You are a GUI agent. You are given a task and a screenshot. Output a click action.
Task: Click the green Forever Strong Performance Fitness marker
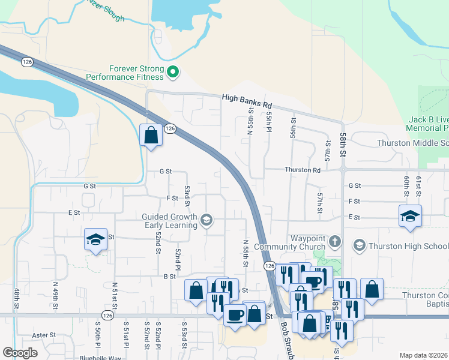coord(173,73)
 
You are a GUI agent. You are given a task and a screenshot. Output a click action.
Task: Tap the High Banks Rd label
coord(247,100)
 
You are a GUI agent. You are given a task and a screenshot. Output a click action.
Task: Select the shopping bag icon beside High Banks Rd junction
coord(151,135)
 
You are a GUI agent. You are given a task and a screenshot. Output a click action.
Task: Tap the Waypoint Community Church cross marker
coord(335,243)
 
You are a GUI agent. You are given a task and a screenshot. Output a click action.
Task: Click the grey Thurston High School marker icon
coord(359,245)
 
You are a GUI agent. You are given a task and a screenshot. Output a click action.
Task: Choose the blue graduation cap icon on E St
coord(410,216)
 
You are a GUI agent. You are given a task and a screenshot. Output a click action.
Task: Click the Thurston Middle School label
coord(413,143)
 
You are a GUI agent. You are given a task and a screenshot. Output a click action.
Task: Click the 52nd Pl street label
coord(178,259)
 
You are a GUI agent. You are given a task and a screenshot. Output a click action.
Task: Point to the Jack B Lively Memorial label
coord(427,124)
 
